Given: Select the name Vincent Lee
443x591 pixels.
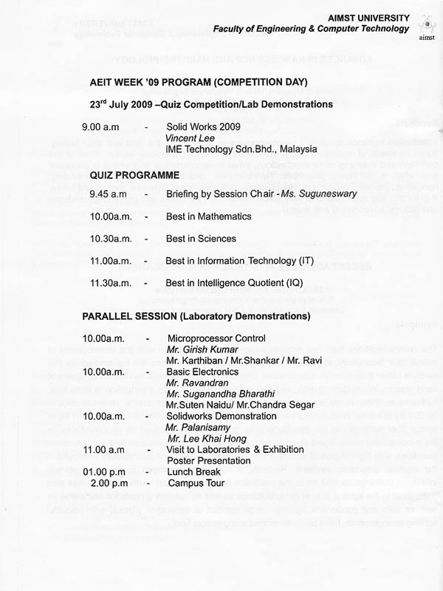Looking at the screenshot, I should point(190,137).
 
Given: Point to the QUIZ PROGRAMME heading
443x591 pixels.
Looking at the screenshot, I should point(134,176).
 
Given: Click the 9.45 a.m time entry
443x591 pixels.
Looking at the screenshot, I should point(108,195).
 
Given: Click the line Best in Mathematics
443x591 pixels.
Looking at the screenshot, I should point(209,216).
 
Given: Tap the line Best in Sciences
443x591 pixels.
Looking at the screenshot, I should point(201,239).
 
